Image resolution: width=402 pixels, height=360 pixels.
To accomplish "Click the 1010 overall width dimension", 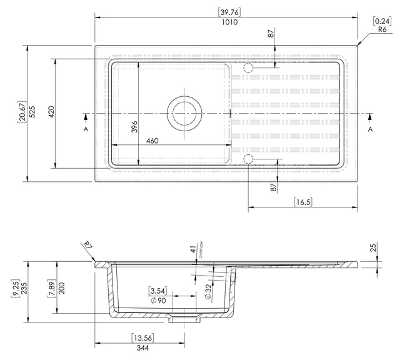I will (x=231, y=22).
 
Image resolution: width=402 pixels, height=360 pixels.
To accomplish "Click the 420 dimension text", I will (x=51, y=113).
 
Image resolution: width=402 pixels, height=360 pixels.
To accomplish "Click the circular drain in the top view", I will (x=184, y=113).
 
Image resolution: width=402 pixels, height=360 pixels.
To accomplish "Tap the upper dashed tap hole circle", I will (x=248, y=67).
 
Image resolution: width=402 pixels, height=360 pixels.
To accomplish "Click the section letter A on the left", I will (x=86, y=129).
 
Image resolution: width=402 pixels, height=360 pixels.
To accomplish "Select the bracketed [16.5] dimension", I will (x=303, y=201).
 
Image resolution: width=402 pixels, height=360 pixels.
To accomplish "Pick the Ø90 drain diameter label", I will (x=158, y=301).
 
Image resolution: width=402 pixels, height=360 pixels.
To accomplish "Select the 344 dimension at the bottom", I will (x=143, y=348).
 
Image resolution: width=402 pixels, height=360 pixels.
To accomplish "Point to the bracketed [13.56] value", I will (x=143, y=338).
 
